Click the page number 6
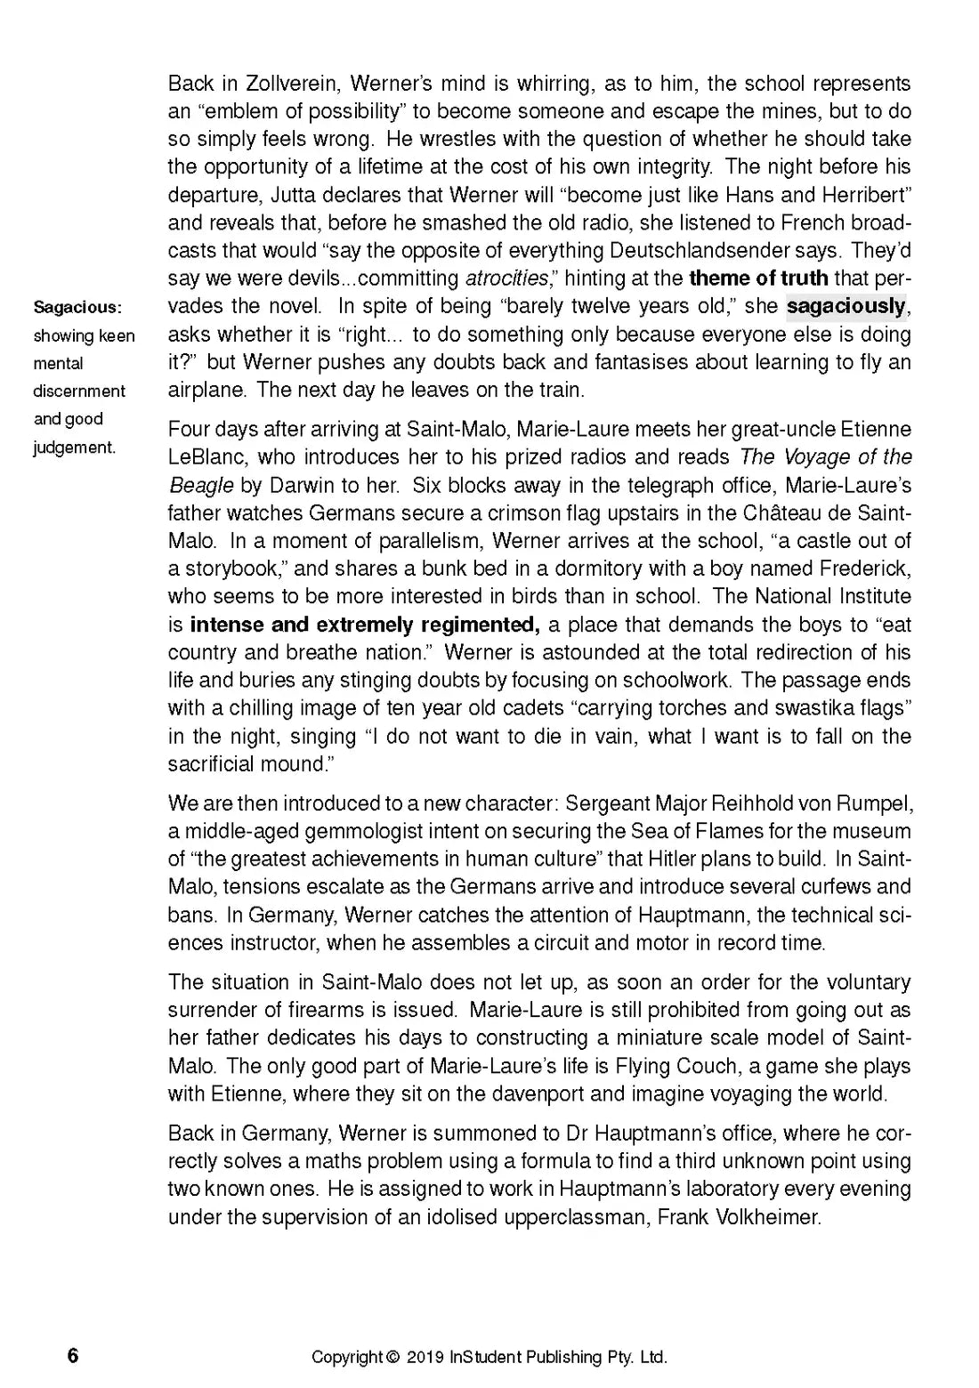[x=73, y=1356]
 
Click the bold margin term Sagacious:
[x=77, y=308]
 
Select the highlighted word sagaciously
[x=845, y=307]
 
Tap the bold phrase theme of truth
[x=758, y=278]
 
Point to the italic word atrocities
[x=506, y=278]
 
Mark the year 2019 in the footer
[x=425, y=1358]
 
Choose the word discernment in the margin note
[x=79, y=391]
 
